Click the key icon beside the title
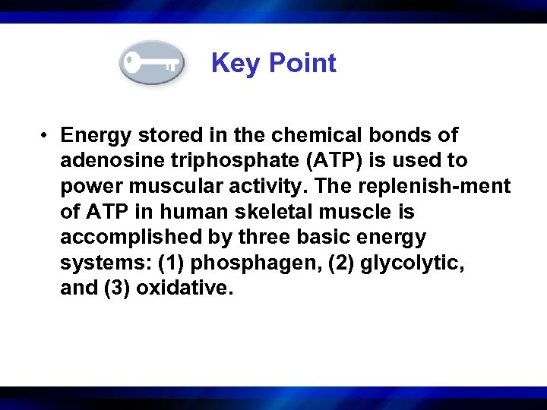click(151, 62)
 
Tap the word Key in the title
click(235, 63)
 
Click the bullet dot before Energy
click(46, 136)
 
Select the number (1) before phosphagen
click(171, 263)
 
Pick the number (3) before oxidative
click(115, 289)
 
